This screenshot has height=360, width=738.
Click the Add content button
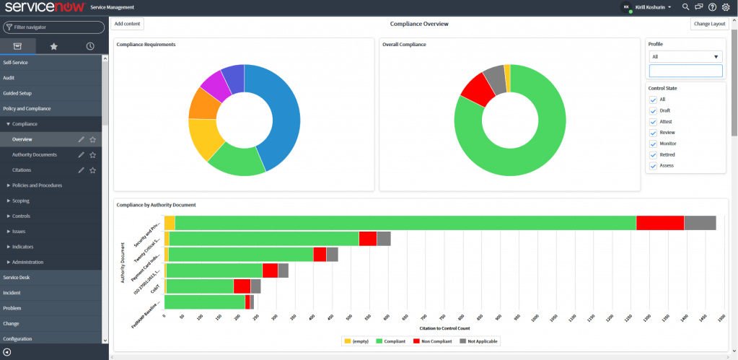click(128, 24)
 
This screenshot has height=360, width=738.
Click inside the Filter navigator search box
click(53, 27)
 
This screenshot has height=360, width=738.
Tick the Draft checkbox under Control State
click(653, 110)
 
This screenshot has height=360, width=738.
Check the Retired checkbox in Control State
click(653, 154)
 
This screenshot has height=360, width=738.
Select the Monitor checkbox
click(653, 144)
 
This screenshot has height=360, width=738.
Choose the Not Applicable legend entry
click(478, 341)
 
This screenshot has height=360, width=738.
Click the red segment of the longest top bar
click(659, 224)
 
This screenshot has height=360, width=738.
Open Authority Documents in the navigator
click(35, 154)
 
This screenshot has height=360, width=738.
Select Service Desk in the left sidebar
click(17, 277)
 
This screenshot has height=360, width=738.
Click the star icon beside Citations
click(92, 170)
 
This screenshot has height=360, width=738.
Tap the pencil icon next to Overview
click(82, 139)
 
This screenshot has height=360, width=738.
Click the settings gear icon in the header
click(726, 7)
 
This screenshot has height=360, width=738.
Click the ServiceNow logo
click(43, 7)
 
